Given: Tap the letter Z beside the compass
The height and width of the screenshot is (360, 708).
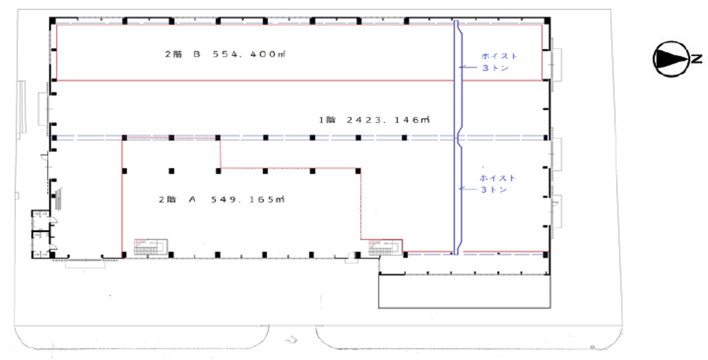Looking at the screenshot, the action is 697,59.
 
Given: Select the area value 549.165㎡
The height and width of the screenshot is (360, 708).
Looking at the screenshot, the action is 248,200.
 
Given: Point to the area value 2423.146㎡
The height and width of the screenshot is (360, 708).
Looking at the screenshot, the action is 388,120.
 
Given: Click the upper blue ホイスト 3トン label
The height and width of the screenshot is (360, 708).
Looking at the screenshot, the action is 499,62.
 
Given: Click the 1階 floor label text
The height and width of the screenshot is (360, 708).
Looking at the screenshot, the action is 328,120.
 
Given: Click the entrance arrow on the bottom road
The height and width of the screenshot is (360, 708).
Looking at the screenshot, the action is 292,339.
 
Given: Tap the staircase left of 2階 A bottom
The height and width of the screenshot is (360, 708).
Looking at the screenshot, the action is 151,247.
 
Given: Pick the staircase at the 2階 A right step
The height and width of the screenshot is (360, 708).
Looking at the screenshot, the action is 385,248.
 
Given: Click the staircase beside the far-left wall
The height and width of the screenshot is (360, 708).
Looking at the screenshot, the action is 58,199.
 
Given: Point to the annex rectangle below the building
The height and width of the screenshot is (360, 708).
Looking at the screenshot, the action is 464,292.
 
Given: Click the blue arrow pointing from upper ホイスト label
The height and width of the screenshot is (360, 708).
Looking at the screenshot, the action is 469,68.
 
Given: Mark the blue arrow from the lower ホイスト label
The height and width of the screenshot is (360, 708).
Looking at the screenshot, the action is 469,189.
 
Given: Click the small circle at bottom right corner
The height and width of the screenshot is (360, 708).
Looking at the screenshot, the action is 593,348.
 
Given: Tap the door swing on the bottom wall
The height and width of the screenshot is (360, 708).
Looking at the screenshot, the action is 351,260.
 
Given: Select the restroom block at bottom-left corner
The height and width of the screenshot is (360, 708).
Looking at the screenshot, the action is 40,234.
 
